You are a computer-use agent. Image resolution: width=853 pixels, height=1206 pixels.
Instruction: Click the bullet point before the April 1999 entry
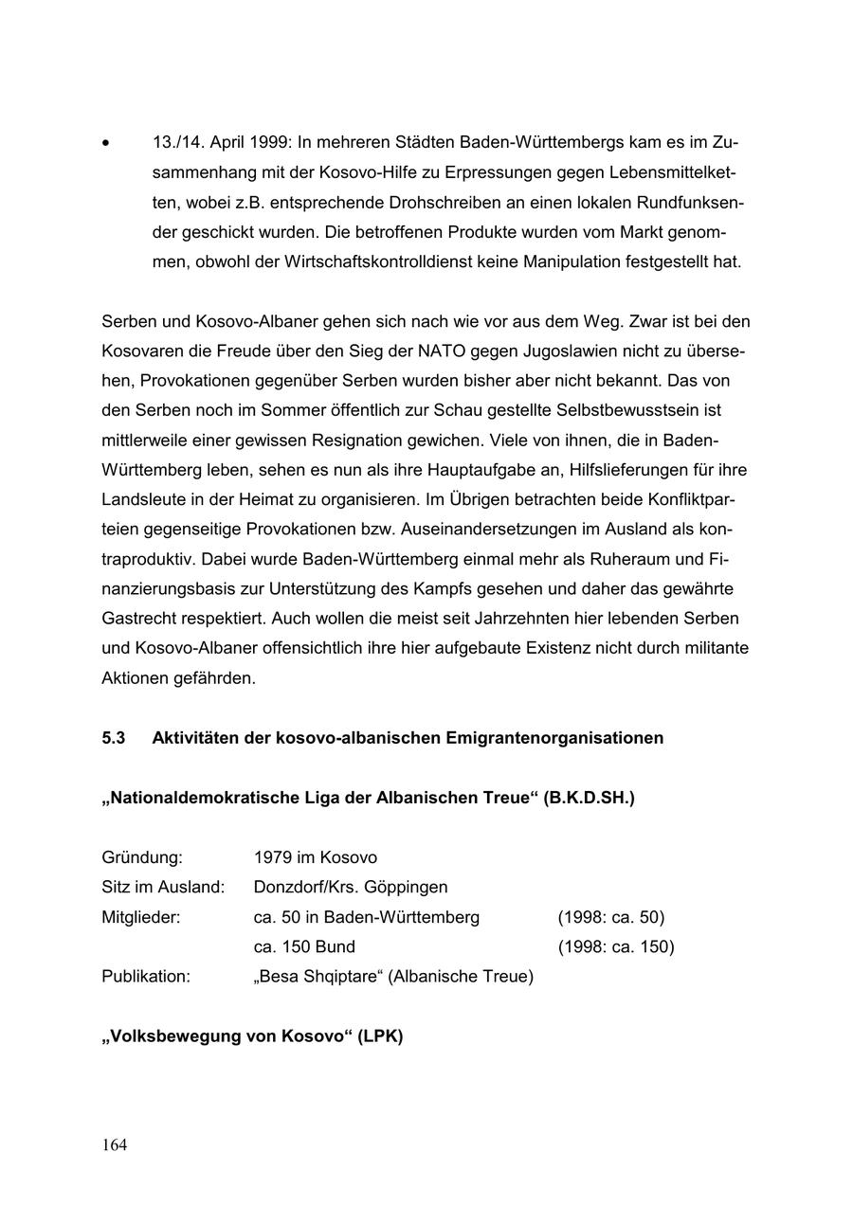[106, 144]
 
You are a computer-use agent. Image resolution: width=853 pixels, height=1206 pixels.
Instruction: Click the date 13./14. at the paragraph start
[177, 143]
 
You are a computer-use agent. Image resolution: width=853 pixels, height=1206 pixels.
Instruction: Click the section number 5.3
[114, 738]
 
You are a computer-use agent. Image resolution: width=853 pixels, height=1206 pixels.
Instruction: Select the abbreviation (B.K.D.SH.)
[589, 798]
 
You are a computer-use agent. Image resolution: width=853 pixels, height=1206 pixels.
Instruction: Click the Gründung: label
[142, 857]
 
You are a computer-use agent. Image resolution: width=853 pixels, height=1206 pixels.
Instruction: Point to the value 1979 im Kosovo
[316, 857]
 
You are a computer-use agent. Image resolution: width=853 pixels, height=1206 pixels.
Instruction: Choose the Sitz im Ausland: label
[163, 888]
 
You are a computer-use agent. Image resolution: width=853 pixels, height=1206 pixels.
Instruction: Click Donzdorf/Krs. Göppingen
[351, 888]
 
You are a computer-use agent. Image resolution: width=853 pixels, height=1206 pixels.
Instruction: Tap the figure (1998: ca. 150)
[616, 946]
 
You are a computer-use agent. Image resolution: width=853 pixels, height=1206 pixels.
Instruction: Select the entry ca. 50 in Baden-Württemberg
[367, 917]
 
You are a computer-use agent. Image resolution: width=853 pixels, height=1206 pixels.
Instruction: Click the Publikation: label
[146, 976]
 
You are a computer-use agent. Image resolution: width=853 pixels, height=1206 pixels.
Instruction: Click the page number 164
[114, 1145]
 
